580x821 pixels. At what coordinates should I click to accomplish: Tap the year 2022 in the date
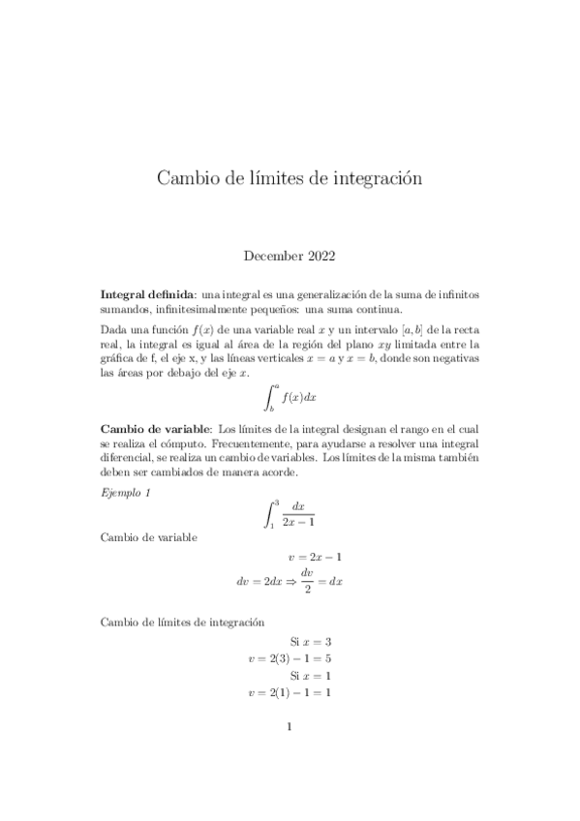(320, 256)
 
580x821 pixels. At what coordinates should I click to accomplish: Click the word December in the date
(271, 256)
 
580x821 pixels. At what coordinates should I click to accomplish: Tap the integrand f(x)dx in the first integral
(299, 395)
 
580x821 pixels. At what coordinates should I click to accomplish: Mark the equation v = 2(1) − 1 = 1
(290, 693)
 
